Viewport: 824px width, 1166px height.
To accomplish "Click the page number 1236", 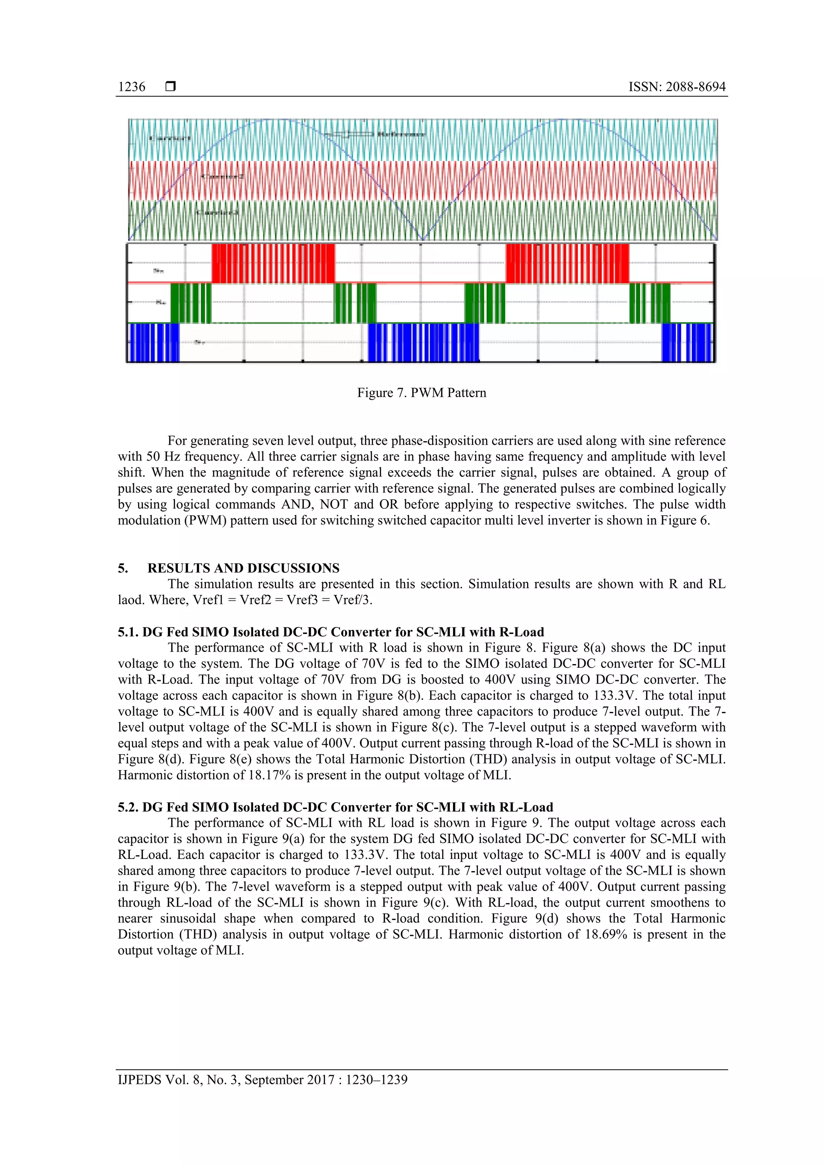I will (x=132, y=87).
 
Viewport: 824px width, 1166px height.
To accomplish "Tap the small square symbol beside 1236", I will (x=171, y=87).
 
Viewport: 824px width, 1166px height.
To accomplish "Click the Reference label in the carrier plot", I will (x=401, y=134).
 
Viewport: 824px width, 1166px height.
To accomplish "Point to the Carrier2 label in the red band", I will (x=222, y=176).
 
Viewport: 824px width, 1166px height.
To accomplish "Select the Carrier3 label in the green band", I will (x=217, y=212).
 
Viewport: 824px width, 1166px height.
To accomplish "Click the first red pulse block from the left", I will (x=273, y=263).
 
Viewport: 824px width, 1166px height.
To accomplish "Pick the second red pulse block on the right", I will (x=567, y=263).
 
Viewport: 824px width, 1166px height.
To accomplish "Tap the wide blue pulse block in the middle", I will (x=423, y=342).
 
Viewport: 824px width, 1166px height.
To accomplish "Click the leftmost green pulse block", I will (x=191, y=303).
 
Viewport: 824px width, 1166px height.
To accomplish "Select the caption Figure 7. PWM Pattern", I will (x=421, y=392).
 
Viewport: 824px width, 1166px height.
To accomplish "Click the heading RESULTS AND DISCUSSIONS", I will (x=243, y=568).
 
